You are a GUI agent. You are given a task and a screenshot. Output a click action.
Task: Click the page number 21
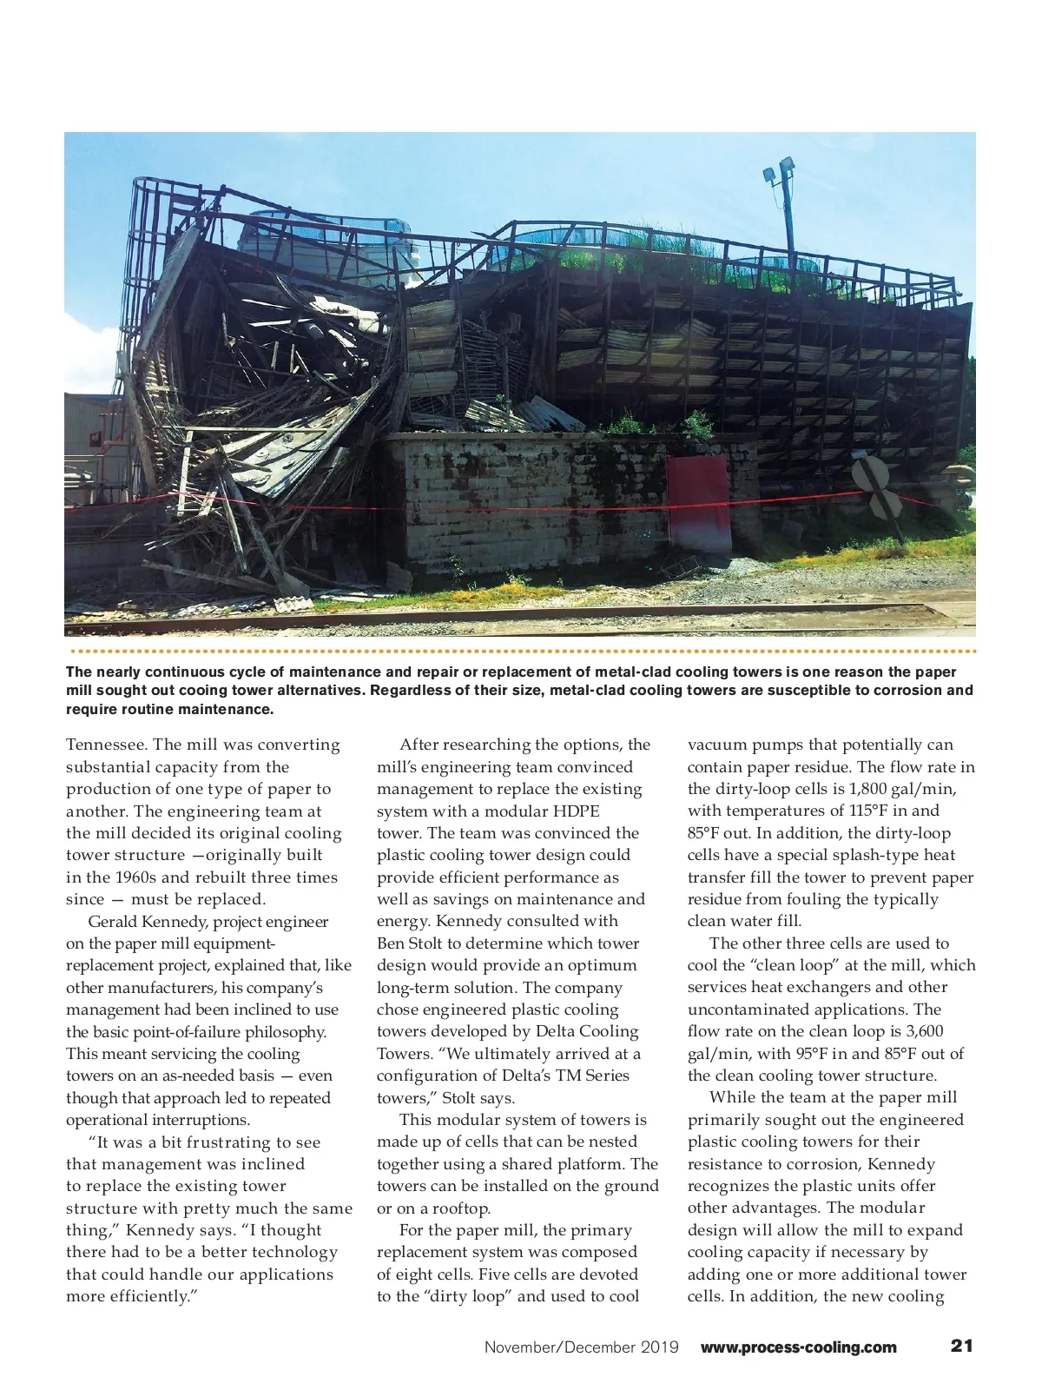[961, 1346]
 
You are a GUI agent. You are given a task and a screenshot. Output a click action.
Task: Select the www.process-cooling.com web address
[798, 1347]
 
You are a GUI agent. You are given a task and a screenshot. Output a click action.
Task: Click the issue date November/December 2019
[581, 1347]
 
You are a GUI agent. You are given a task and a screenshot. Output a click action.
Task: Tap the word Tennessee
[106, 745]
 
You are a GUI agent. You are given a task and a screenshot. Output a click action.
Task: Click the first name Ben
[392, 943]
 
